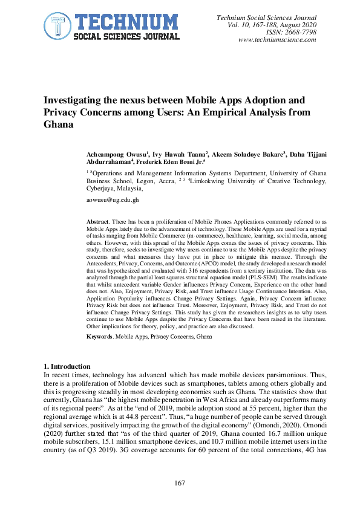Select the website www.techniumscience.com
tap(278, 40)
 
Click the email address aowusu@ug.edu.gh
tap(113, 199)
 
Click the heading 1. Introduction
tap(67, 367)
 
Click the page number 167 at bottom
tap(180, 482)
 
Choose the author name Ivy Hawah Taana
tap(180, 155)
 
